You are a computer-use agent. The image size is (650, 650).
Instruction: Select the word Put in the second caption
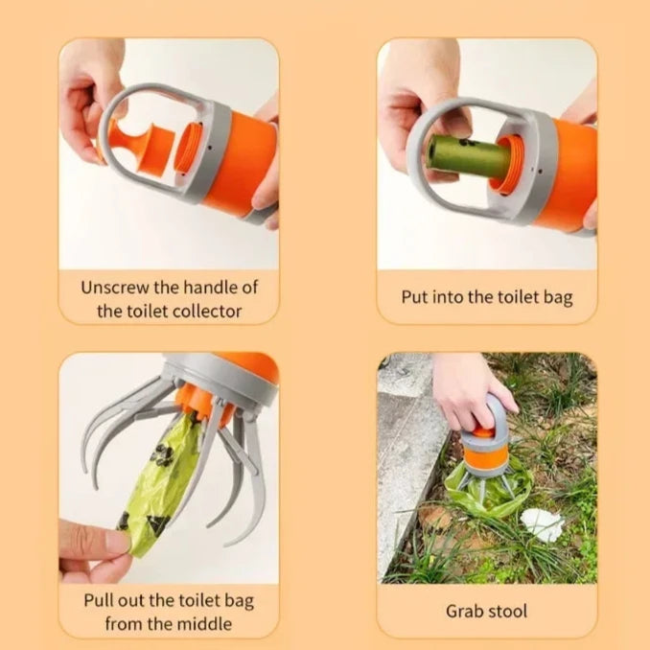[x=415, y=297]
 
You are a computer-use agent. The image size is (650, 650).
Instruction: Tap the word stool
[x=506, y=612]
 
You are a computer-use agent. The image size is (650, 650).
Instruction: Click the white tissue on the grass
[x=542, y=525]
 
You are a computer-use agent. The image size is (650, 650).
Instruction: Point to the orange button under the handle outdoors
[x=483, y=432]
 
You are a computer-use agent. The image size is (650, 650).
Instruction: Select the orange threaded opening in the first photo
[x=188, y=149]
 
